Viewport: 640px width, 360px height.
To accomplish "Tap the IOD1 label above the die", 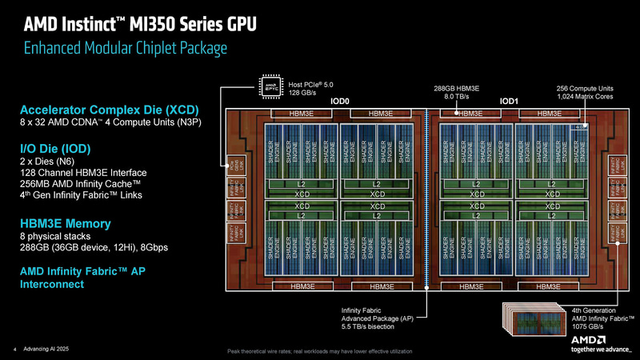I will point(510,102).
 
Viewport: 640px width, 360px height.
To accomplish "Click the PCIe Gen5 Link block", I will point(234,169).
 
